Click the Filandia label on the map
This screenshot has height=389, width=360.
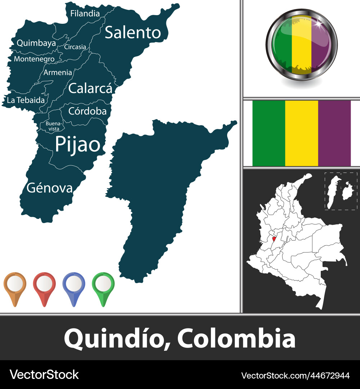point(85,14)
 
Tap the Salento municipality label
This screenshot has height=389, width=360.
point(132,32)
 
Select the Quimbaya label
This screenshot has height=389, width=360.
point(36,43)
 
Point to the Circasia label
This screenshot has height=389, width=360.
point(75,47)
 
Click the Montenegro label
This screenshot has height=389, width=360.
point(34,59)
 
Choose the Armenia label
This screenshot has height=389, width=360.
point(58,72)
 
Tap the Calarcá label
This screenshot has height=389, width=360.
point(90,88)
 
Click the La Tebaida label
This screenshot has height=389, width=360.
point(26,100)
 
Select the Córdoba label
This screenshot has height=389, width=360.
point(87,111)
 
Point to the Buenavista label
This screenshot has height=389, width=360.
point(53,126)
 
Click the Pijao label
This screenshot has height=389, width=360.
point(77,144)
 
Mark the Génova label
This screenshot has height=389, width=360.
point(50,188)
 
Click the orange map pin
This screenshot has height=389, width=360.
point(15,285)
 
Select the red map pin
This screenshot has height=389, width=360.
point(44,285)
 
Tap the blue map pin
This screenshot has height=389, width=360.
point(74,285)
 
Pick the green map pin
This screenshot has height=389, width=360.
point(103,285)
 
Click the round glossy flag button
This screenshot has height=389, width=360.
point(302,44)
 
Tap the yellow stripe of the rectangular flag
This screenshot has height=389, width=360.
point(302,133)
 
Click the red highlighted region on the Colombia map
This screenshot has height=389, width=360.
point(274,239)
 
